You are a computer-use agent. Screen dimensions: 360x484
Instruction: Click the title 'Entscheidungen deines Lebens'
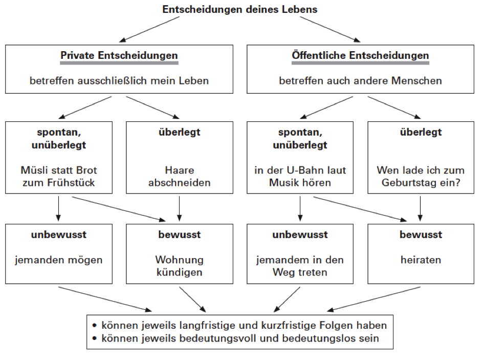(239, 10)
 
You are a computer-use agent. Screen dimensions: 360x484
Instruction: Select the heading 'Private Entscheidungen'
(119, 55)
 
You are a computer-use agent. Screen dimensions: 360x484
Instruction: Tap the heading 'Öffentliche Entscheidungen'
(360, 55)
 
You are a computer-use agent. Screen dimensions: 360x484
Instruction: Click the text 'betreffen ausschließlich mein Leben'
(119, 80)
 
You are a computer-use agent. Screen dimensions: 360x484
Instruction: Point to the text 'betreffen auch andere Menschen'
(360, 80)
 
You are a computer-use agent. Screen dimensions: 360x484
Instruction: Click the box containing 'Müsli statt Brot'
(59, 157)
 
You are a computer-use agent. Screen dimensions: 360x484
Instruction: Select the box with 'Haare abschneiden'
(180, 157)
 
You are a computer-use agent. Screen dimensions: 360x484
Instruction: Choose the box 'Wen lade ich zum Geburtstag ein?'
(420, 157)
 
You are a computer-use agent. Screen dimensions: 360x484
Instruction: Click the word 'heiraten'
(420, 260)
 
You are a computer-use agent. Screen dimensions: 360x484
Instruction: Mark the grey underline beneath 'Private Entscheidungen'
(119, 63)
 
